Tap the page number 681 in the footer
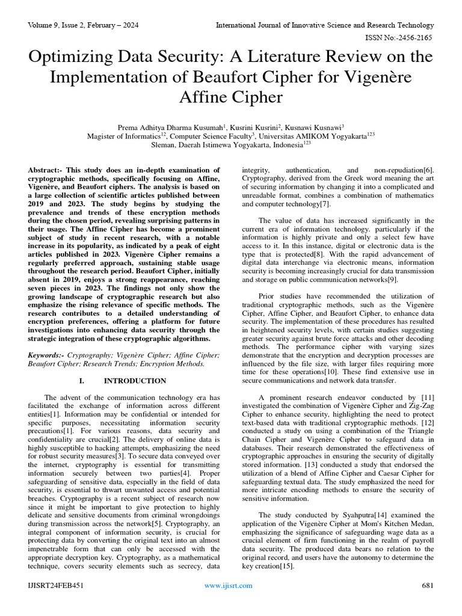428,585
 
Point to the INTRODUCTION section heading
135,381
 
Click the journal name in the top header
325,25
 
